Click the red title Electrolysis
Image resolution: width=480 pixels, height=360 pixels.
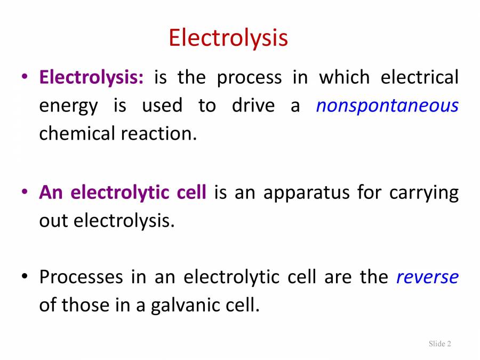228,38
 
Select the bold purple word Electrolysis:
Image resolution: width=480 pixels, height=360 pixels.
91,78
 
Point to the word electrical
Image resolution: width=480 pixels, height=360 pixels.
419,78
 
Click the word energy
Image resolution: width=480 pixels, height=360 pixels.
68,106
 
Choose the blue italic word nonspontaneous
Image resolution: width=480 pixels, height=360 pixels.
387,106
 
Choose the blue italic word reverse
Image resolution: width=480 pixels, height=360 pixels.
427,277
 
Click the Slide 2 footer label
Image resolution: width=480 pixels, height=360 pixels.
440,343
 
